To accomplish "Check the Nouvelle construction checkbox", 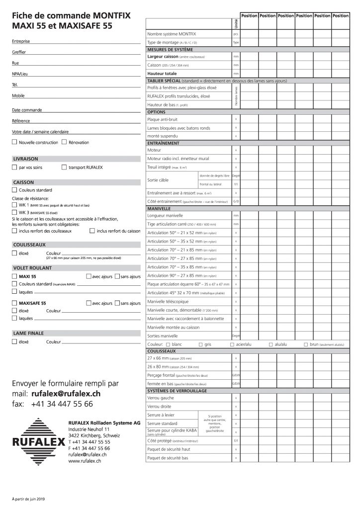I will click(x=14, y=142).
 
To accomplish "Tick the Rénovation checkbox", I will click(x=64, y=142).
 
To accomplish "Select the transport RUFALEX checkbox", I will click(x=64, y=168).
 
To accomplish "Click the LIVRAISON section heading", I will click(x=25, y=159).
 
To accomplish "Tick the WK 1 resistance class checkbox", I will click(x=14, y=204).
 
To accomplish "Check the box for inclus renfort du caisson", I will click(x=92, y=231).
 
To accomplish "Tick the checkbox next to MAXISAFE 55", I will click(x=14, y=303).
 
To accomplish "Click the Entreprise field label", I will click(x=20, y=41).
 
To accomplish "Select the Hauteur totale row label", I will click(x=162, y=74).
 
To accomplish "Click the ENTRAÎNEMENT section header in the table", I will click(x=164, y=143).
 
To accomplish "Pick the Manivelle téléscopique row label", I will click(x=168, y=301).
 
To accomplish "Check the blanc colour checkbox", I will click(x=168, y=344).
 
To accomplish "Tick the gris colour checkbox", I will click(x=200, y=344).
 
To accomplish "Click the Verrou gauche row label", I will click(x=161, y=398).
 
